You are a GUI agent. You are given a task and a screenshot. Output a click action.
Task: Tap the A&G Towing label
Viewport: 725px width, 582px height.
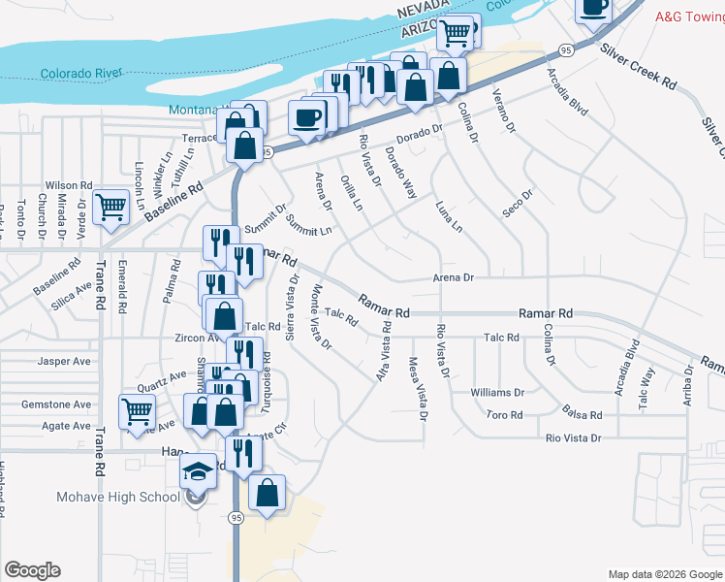(x=689, y=16)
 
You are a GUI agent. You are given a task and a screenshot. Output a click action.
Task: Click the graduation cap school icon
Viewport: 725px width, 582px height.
(x=199, y=472)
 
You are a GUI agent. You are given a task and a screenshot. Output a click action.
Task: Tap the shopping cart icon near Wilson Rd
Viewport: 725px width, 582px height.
(x=111, y=207)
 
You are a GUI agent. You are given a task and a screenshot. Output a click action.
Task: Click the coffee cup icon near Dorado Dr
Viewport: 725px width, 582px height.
(x=307, y=118)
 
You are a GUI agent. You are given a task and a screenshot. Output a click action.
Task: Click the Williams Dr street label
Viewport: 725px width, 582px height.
(x=497, y=393)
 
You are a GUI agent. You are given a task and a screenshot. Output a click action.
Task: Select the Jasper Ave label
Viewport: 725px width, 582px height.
(x=63, y=360)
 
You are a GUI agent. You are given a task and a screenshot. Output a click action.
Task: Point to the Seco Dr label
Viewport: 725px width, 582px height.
(x=519, y=204)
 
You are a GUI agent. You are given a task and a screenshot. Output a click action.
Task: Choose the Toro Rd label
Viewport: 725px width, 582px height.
(x=504, y=415)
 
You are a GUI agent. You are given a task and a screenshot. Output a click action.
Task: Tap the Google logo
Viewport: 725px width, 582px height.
(x=32, y=570)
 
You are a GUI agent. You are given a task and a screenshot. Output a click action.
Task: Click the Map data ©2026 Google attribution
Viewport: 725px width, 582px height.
(x=664, y=574)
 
